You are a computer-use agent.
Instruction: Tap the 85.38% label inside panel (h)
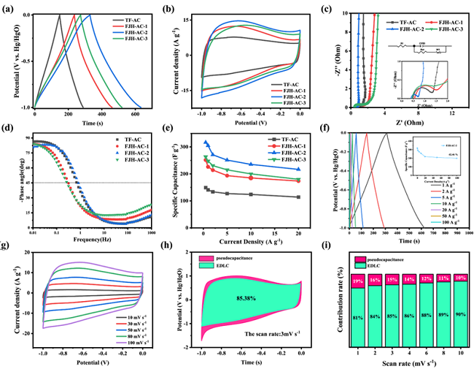[x=248, y=299]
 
